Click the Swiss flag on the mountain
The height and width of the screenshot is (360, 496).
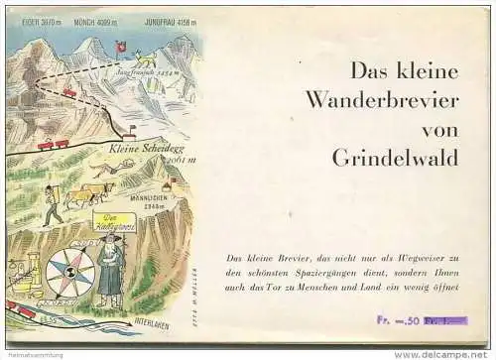pyautogui.click(x=121, y=46)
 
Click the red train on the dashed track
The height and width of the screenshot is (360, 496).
pyautogui.click(x=69, y=92)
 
